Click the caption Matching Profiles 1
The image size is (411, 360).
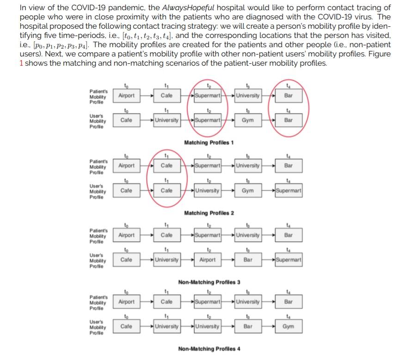209,142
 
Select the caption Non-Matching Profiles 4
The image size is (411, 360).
209,348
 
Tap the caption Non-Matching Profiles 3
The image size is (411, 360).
209,282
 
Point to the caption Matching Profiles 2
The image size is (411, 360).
209,213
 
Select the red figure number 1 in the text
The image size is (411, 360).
21,63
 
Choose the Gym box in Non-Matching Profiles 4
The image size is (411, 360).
288,326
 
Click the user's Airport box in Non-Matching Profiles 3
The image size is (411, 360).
207,260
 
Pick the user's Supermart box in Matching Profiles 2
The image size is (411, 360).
288,190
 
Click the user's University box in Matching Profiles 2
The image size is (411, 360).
207,190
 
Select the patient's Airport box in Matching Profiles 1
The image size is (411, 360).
126,96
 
